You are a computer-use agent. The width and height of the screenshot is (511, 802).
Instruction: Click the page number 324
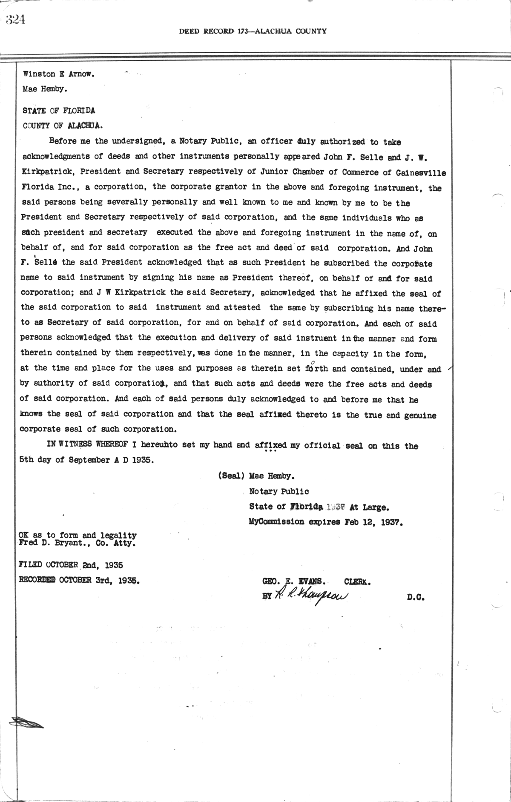tap(15, 20)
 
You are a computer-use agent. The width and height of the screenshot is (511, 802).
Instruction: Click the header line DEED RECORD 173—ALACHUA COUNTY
tap(253, 31)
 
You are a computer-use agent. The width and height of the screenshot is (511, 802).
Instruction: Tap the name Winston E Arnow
tap(59, 74)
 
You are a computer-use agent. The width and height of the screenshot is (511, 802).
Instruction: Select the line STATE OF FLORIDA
tap(59, 110)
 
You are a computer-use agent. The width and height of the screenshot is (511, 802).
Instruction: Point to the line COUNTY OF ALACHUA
tap(63, 126)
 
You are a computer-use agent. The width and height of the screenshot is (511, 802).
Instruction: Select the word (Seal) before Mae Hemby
tap(231, 475)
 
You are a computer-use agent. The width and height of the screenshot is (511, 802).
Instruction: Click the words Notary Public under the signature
tap(279, 491)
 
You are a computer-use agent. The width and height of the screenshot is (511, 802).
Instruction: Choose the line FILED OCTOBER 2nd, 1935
tap(71, 565)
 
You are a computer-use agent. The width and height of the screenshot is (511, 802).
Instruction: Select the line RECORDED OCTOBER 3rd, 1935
tap(79, 580)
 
